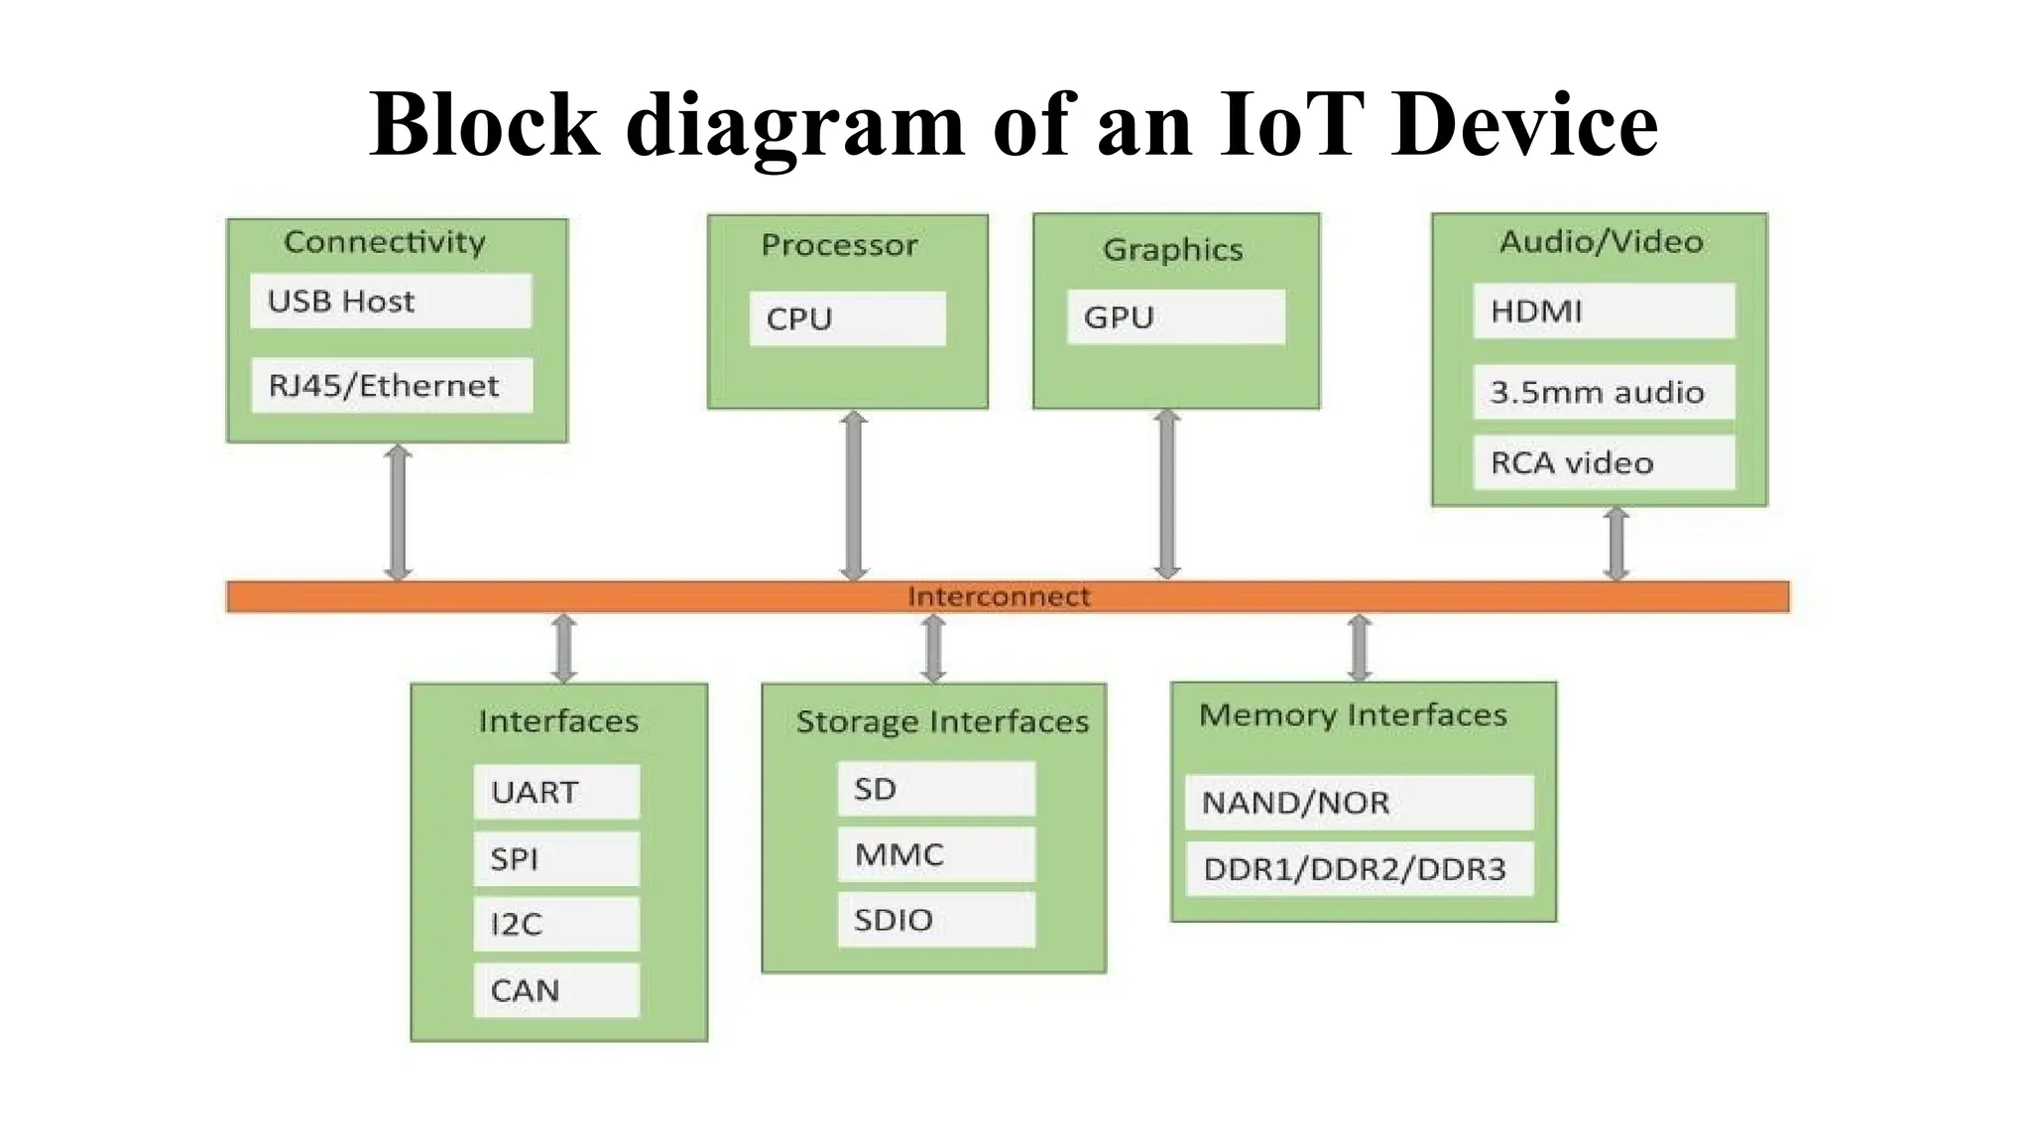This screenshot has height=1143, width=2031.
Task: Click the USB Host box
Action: tap(391, 301)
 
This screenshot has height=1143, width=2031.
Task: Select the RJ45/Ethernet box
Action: tap(391, 385)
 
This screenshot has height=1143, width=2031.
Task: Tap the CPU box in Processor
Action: tap(847, 318)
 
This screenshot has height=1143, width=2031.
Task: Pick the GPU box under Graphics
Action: tap(1175, 317)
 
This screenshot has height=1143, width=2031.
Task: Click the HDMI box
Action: tap(1604, 311)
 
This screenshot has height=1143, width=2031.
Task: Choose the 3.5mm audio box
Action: tap(1604, 392)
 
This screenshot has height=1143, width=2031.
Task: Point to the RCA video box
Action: tap(1604, 462)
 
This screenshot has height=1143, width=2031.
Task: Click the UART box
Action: tap(556, 792)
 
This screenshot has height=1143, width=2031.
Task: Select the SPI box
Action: tap(556, 858)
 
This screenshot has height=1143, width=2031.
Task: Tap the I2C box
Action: tap(556, 924)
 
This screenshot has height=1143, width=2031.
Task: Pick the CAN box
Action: tap(556, 990)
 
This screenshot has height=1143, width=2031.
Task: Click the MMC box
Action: tap(936, 854)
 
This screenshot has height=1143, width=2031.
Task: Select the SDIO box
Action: tap(936, 920)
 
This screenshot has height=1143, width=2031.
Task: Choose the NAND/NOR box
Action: tap(1359, 802)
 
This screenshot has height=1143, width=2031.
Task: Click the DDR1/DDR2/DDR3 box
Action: tap(1359, 869)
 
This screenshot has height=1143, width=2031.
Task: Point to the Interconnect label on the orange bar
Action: tap(999, 596)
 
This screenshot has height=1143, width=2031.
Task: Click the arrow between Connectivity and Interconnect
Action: tap(398, 512)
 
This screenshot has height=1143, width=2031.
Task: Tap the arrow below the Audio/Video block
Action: tap(1616, 544)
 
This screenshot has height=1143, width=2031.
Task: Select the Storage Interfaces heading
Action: tap(942, 721)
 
